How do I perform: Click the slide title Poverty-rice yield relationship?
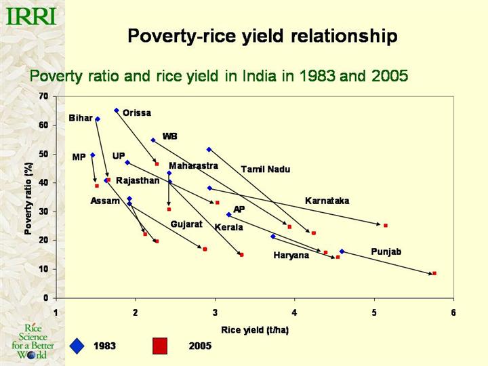[262, 36]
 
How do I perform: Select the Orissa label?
[137, 113]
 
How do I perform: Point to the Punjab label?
[386, 252]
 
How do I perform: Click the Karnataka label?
[327, 201]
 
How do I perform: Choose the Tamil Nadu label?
[266, 169]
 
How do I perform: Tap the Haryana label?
[291, 256]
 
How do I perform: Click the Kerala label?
[228, 227]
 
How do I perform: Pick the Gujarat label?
[186, 224]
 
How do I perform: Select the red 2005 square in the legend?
[160, 346]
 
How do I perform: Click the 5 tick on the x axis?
[374, 312]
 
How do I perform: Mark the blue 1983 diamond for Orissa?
[117, 110]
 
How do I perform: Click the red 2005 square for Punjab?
[434, 273]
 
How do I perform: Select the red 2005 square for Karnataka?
[386, 225]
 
